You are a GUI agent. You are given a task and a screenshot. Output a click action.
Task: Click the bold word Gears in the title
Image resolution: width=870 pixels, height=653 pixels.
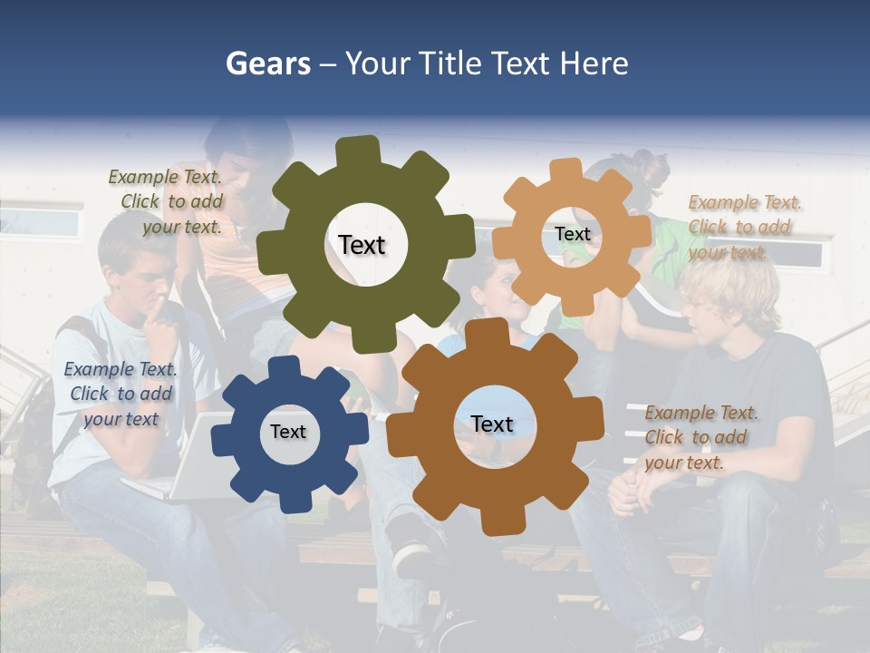click(x=266, y=63)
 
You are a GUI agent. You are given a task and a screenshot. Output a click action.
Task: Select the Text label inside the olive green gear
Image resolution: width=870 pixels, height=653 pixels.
click(x=362, y=245)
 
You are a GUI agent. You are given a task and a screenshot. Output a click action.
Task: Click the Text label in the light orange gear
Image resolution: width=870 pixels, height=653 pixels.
click(x=573, y=234)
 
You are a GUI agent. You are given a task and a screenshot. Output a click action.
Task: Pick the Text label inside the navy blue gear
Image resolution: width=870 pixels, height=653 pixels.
click(x=288, y=432)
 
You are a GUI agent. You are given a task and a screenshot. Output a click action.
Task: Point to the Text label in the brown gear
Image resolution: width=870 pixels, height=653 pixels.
click(x=492, y=424)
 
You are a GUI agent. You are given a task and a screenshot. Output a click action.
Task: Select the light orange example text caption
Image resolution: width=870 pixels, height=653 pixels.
click(x=743, y=227)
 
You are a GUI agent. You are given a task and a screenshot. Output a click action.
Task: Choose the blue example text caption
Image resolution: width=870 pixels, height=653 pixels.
click(x=121, y=394)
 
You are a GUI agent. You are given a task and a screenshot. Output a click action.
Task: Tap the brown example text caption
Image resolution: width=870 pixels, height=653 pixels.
click(x=700, y=437)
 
